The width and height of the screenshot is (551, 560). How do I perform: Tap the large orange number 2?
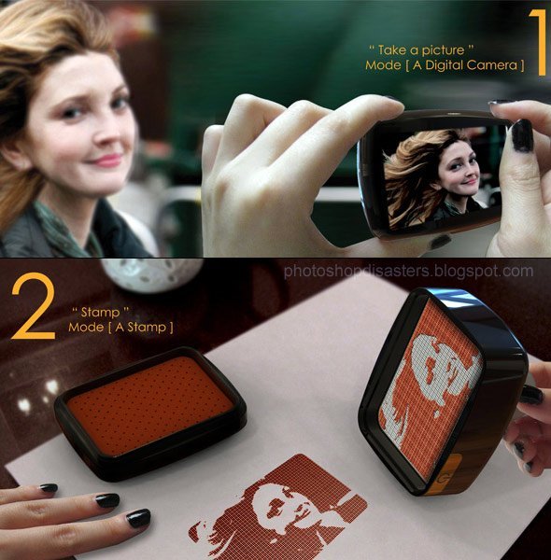[x=34, y=305]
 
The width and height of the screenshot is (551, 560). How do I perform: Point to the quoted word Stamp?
[x=100, y=313]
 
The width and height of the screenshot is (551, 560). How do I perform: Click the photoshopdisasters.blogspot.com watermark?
[x=408, y=272]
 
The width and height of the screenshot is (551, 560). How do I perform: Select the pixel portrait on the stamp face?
[x=431, y=386]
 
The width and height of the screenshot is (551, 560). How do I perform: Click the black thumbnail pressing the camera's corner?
[x=522, y=136]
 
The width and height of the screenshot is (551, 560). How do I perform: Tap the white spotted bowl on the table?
[x=151, y=274]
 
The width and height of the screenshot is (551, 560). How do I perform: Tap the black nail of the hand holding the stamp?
[x=531, y=396]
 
